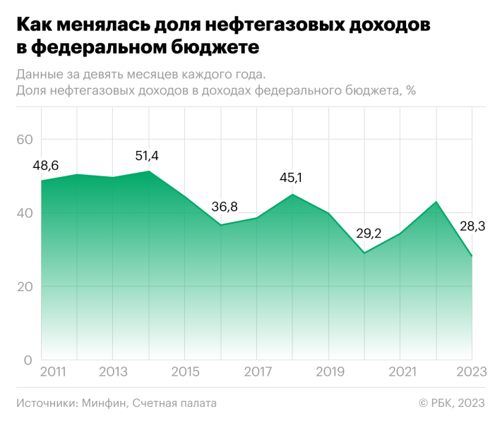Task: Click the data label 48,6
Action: (x=46, y=166)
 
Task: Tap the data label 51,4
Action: (x=149, y=156)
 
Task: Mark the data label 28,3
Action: (x=472, y=226)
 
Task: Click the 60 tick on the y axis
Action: (x=24, y=140)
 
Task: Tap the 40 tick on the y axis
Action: (x=24, y=213)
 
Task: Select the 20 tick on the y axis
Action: (x=24, y=286)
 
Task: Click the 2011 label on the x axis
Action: (x=54, y=372)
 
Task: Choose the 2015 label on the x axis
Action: (x=185, y=372)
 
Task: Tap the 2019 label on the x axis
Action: (x=330, y=372)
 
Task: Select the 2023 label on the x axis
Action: (x=472, y=372)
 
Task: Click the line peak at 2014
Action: (x=149, y=171)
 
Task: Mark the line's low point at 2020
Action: (x=365, y=252)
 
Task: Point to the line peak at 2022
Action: (x=436, y=202)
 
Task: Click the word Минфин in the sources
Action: (x=104, y=403)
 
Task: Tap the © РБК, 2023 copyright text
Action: (x=452, y=403)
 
